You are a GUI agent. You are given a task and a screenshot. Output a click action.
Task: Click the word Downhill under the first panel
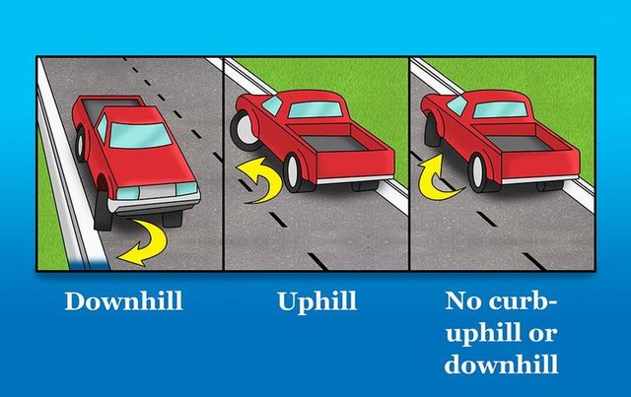tap(124, 300)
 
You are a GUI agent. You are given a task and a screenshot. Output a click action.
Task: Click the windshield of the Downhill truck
tap(140, 136)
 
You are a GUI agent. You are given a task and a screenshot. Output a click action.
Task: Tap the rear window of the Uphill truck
tap(315, 109)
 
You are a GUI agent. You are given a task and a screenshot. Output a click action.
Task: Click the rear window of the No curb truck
tap(500, 109)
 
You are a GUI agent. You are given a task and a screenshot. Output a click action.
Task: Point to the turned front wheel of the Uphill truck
tap(244, 130)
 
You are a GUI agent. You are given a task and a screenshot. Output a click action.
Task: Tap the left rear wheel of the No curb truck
tap(480, 172)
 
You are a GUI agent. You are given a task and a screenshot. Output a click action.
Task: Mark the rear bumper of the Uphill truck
tap(355, 180)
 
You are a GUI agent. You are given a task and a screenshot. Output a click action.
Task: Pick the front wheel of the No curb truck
tap(432, 129)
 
